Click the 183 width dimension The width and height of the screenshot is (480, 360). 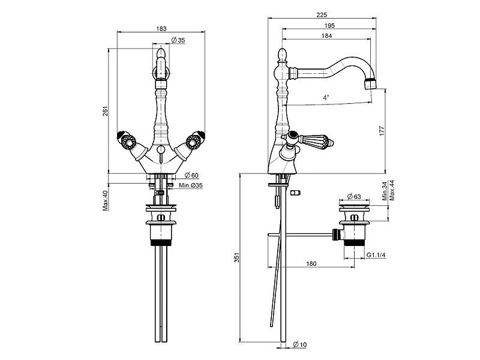pyautogui.click(x=160, y=28)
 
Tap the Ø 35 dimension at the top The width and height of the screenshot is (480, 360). pyautogui.click(x=178, y=40)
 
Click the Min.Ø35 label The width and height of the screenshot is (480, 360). pyautogui.click(x=191, y=186)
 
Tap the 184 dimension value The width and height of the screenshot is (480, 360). pyautogui.click(x=327, y=35)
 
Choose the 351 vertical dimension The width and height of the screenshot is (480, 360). pyautogui.click(x=236, y=258)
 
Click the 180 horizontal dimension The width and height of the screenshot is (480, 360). pyautogui.click(x=311, y=263)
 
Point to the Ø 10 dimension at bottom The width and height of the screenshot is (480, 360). pyautogui.click(x=301, y=344)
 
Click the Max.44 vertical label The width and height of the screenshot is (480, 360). pyautogui.click(x=391, y=191)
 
